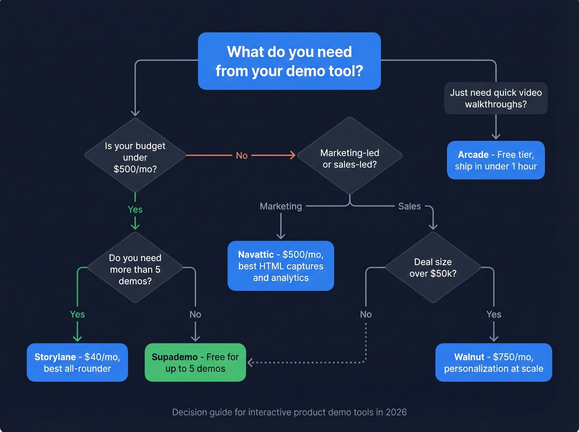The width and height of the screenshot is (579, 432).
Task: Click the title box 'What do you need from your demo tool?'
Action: click(x=289, y=61)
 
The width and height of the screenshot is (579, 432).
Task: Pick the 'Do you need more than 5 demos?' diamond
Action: click(x=135, y=269)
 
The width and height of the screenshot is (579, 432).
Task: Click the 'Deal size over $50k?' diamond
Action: click(x=433, y=267)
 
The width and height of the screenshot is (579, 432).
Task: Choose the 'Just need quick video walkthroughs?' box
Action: click(x=495, y=98)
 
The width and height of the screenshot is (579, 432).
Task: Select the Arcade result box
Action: click(x=495, y=160)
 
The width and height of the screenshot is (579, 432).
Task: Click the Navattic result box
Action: click(x=281, y=266)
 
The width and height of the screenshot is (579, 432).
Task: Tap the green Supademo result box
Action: click(x=195, y=363)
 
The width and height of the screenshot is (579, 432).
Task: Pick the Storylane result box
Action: click(x=77, y=363)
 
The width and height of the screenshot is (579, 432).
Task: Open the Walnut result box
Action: click(x=493, y=363)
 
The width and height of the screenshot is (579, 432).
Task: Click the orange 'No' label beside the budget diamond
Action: click(x=242, y=155)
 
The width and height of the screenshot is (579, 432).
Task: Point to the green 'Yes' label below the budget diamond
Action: click(x=135, y=210)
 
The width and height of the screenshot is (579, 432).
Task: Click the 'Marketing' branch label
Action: click(x=281, y=206)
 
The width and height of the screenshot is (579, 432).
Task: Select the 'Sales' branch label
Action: click(x=409, y=206)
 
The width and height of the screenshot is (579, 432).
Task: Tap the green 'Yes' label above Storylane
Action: click(x=77, y=314)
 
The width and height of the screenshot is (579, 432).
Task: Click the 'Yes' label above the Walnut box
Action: click(x=493, y=314)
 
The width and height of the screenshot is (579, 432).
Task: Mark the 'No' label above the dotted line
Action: click(x=366, y=314)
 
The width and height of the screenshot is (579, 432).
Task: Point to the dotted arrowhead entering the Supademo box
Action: click(x=250, y=363)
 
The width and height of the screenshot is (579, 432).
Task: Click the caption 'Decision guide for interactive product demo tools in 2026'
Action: click(x=289, y=412)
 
